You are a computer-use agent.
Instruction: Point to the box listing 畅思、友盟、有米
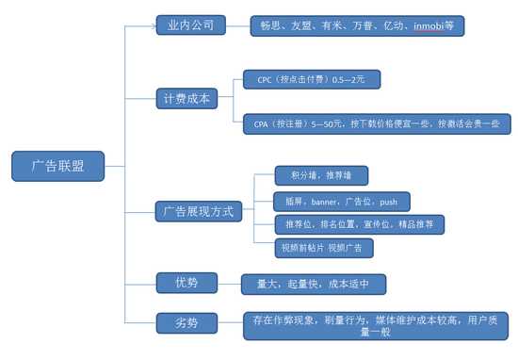pyautogui.click(x=357, y=25)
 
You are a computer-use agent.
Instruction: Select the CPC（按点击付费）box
pyautogui.click(x=311, y=81)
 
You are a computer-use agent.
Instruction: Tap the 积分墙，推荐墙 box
pyautogui.click(x=320, y=175)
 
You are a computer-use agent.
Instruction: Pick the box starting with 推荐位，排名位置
pyautogui.click(x=357, y=224)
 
